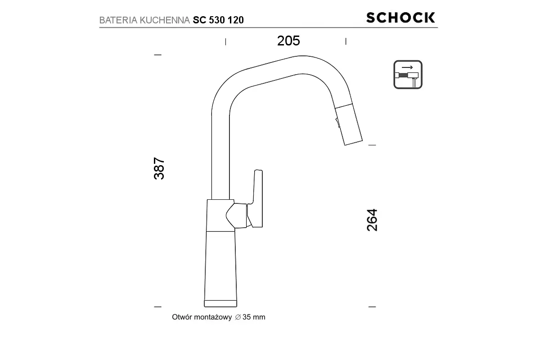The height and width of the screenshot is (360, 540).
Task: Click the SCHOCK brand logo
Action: point(400,18)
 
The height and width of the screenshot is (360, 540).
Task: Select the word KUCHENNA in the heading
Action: point(165,20)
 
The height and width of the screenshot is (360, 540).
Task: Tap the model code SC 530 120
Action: point(218,20)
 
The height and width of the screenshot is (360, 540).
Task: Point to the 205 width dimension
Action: point(288,41)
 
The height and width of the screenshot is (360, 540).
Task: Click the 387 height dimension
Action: point(159,168)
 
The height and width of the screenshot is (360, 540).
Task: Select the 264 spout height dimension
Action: point(372,220)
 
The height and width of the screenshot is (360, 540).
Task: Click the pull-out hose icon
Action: point(408,75)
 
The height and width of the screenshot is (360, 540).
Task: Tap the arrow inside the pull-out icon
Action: point(407,67)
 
